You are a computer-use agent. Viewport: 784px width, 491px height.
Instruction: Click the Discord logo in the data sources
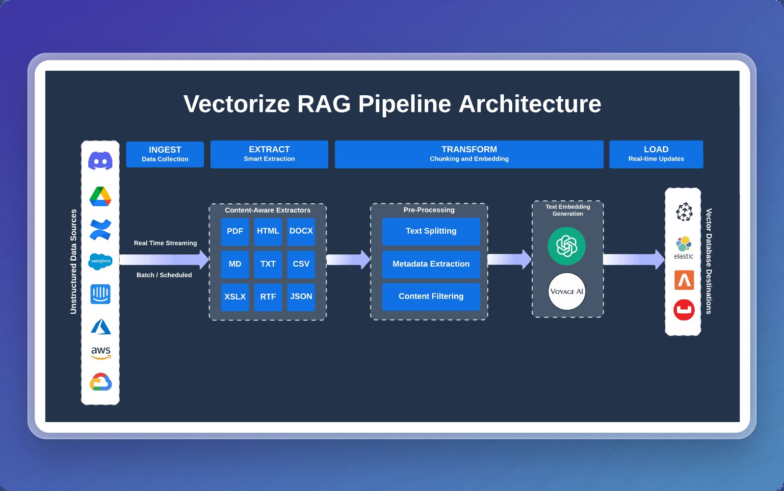pos(101,161)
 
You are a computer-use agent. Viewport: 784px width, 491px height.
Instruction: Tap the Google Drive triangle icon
pos(101,196)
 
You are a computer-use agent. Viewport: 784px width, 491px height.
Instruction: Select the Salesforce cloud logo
pos(101,261)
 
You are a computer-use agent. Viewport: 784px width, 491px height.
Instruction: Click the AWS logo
pos(101,353)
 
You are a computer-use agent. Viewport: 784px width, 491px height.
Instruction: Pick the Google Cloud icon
pos(101,382)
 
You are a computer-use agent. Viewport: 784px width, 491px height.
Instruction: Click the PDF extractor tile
pos(235,231)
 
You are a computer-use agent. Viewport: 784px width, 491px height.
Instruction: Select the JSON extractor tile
pos(301,297)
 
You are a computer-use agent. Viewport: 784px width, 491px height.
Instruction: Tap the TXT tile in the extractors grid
pos(268,264)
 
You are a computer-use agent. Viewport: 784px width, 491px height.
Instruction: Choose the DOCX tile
pos(301,231)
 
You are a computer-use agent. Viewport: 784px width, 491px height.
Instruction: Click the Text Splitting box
pos(431,231)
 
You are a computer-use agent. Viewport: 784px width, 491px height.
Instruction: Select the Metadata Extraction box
pos(431,264)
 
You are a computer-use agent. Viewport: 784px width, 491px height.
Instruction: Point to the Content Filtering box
pos(431,297)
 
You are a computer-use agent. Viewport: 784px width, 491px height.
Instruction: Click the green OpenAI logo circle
pos(567,246)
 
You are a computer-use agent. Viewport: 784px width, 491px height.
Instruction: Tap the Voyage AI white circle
pos(567,291)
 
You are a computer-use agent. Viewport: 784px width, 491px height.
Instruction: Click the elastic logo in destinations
pos(683,248)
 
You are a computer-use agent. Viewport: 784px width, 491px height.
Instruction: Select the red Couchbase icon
pos(684,310)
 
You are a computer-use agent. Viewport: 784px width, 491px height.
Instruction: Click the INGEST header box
pos(165,154)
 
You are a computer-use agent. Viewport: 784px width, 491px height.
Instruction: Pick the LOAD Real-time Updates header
pos(656,154)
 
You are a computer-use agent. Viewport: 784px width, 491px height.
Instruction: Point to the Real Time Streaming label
pos(165,243)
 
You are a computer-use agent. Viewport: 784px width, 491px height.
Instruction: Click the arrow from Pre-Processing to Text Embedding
pos(510,260)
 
